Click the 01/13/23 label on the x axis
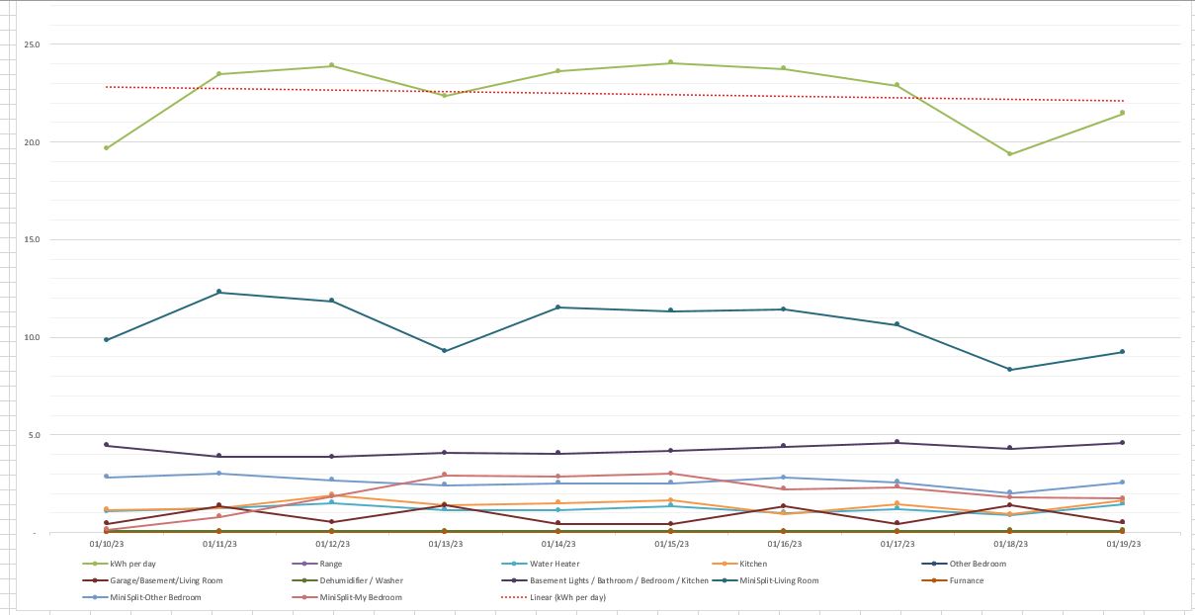pyautogui.click(x=445, y=543)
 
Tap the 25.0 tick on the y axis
pyautogui.click(x=33, y=44)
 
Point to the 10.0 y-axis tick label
pyautogui.click(x=33, y=337)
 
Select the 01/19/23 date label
pyautogui.click(x=1122, y=543)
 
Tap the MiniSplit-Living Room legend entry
pyautogui.click(x=779, y=580)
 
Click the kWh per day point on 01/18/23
pyautogui.click(x=1009, y=154)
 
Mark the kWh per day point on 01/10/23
pyautogui.click(x=106, y=148)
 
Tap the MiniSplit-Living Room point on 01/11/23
pyautogui.click(x=218, y=293)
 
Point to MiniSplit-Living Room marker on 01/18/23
pyautogui.click(x=1009, y=370)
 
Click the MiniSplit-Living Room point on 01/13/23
pyautogui.click(x=445, y=351)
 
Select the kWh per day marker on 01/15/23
pyautogui.click(x=670, y=62)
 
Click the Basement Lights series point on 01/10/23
pyautogui.click(x=106, y=445)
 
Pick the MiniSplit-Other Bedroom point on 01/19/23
pyautogui.click(x=1122, y=483)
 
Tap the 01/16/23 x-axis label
pyautogui.click(x=783, y=543)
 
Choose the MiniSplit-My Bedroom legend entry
pyautogui.click(x=361, y=597)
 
